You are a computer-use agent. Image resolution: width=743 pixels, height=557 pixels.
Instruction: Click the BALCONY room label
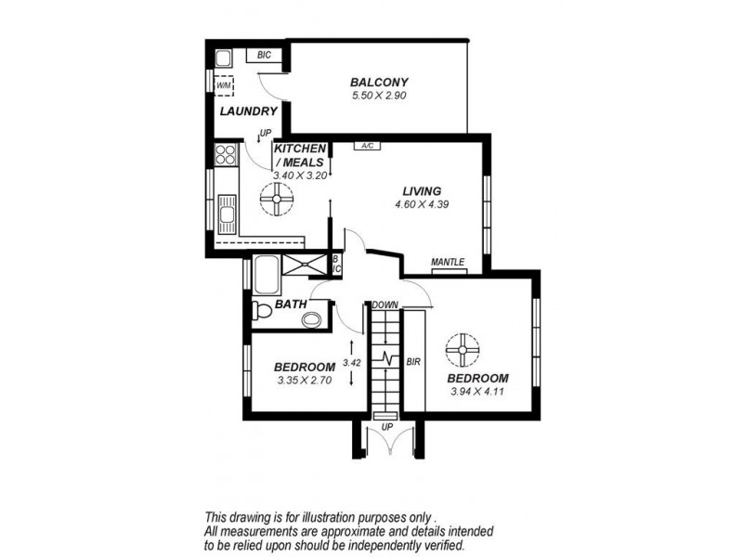(x=380, y=82)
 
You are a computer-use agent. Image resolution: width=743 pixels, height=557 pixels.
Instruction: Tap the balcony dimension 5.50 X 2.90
(x=380, y=95)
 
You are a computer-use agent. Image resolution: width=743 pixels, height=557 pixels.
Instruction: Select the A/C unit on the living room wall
(x=367, y=146)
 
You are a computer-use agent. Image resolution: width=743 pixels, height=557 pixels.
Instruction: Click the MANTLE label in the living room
(x=448, y=263)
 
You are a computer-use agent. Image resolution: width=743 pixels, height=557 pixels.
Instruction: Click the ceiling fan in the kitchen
(x=276, y=198)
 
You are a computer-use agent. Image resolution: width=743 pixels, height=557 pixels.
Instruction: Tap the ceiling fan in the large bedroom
(x=462, y=350)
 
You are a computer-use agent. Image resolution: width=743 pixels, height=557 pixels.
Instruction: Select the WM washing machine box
(x=224, y=86)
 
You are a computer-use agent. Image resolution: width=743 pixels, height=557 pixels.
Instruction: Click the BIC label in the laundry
(x=264, y=56)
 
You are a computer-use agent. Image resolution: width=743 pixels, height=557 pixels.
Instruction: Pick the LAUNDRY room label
(x=248, y=112)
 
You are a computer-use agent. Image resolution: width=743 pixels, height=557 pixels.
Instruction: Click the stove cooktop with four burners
(x=226, y=155)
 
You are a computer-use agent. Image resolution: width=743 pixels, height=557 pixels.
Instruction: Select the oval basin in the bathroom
(x=312, y=320)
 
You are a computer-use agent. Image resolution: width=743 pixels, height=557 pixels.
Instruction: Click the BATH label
(x=291, y=304)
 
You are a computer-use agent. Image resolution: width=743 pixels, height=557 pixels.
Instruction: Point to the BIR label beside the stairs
(x=414, y=360)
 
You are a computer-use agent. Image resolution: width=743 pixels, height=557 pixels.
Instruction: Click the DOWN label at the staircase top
(x=385, y=304)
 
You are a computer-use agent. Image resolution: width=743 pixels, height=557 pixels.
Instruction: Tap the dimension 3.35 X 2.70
(x=305, y=380)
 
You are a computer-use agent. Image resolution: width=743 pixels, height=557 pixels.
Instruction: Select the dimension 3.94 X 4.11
(x=477, y=392)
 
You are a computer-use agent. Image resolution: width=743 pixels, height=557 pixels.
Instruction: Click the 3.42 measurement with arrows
(x=350, y=363)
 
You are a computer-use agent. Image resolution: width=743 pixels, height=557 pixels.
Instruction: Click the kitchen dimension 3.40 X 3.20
(x=298, y=174)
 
